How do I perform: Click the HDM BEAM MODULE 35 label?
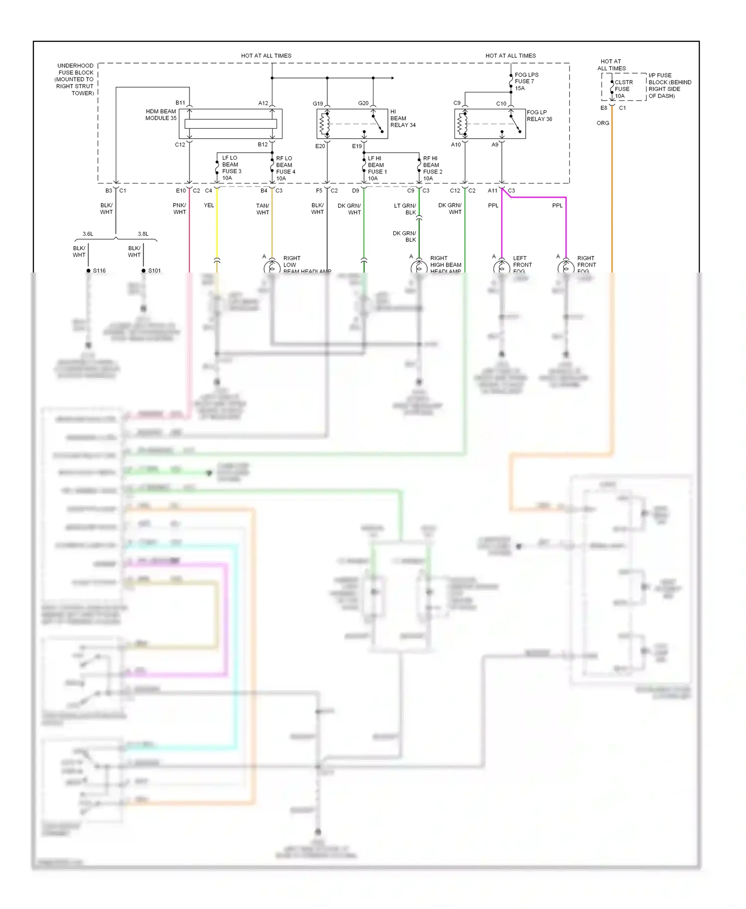coord(161,115)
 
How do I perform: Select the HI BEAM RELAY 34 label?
coord(402,118)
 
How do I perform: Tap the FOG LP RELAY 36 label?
coord(539,115)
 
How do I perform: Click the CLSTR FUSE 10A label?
coord(623,89)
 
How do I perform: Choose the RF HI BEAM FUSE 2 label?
coord(432,168)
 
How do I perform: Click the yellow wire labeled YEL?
coord(217,229)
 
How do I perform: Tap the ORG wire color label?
coord(603,123)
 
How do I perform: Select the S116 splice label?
coord(99,271)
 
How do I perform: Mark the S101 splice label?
coord(154,271)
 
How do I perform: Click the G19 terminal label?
coord(318,103)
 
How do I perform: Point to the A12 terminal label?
coord(263,103)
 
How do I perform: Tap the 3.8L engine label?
coord(143,234)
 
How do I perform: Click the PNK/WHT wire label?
coord(180,208)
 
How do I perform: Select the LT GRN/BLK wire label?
coord(405,209)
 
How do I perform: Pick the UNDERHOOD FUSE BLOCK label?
coord(75,79)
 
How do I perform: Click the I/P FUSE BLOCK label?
coord(669,86)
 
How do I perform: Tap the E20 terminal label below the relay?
coord(320,146)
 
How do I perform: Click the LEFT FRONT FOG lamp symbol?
coord(501,267)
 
